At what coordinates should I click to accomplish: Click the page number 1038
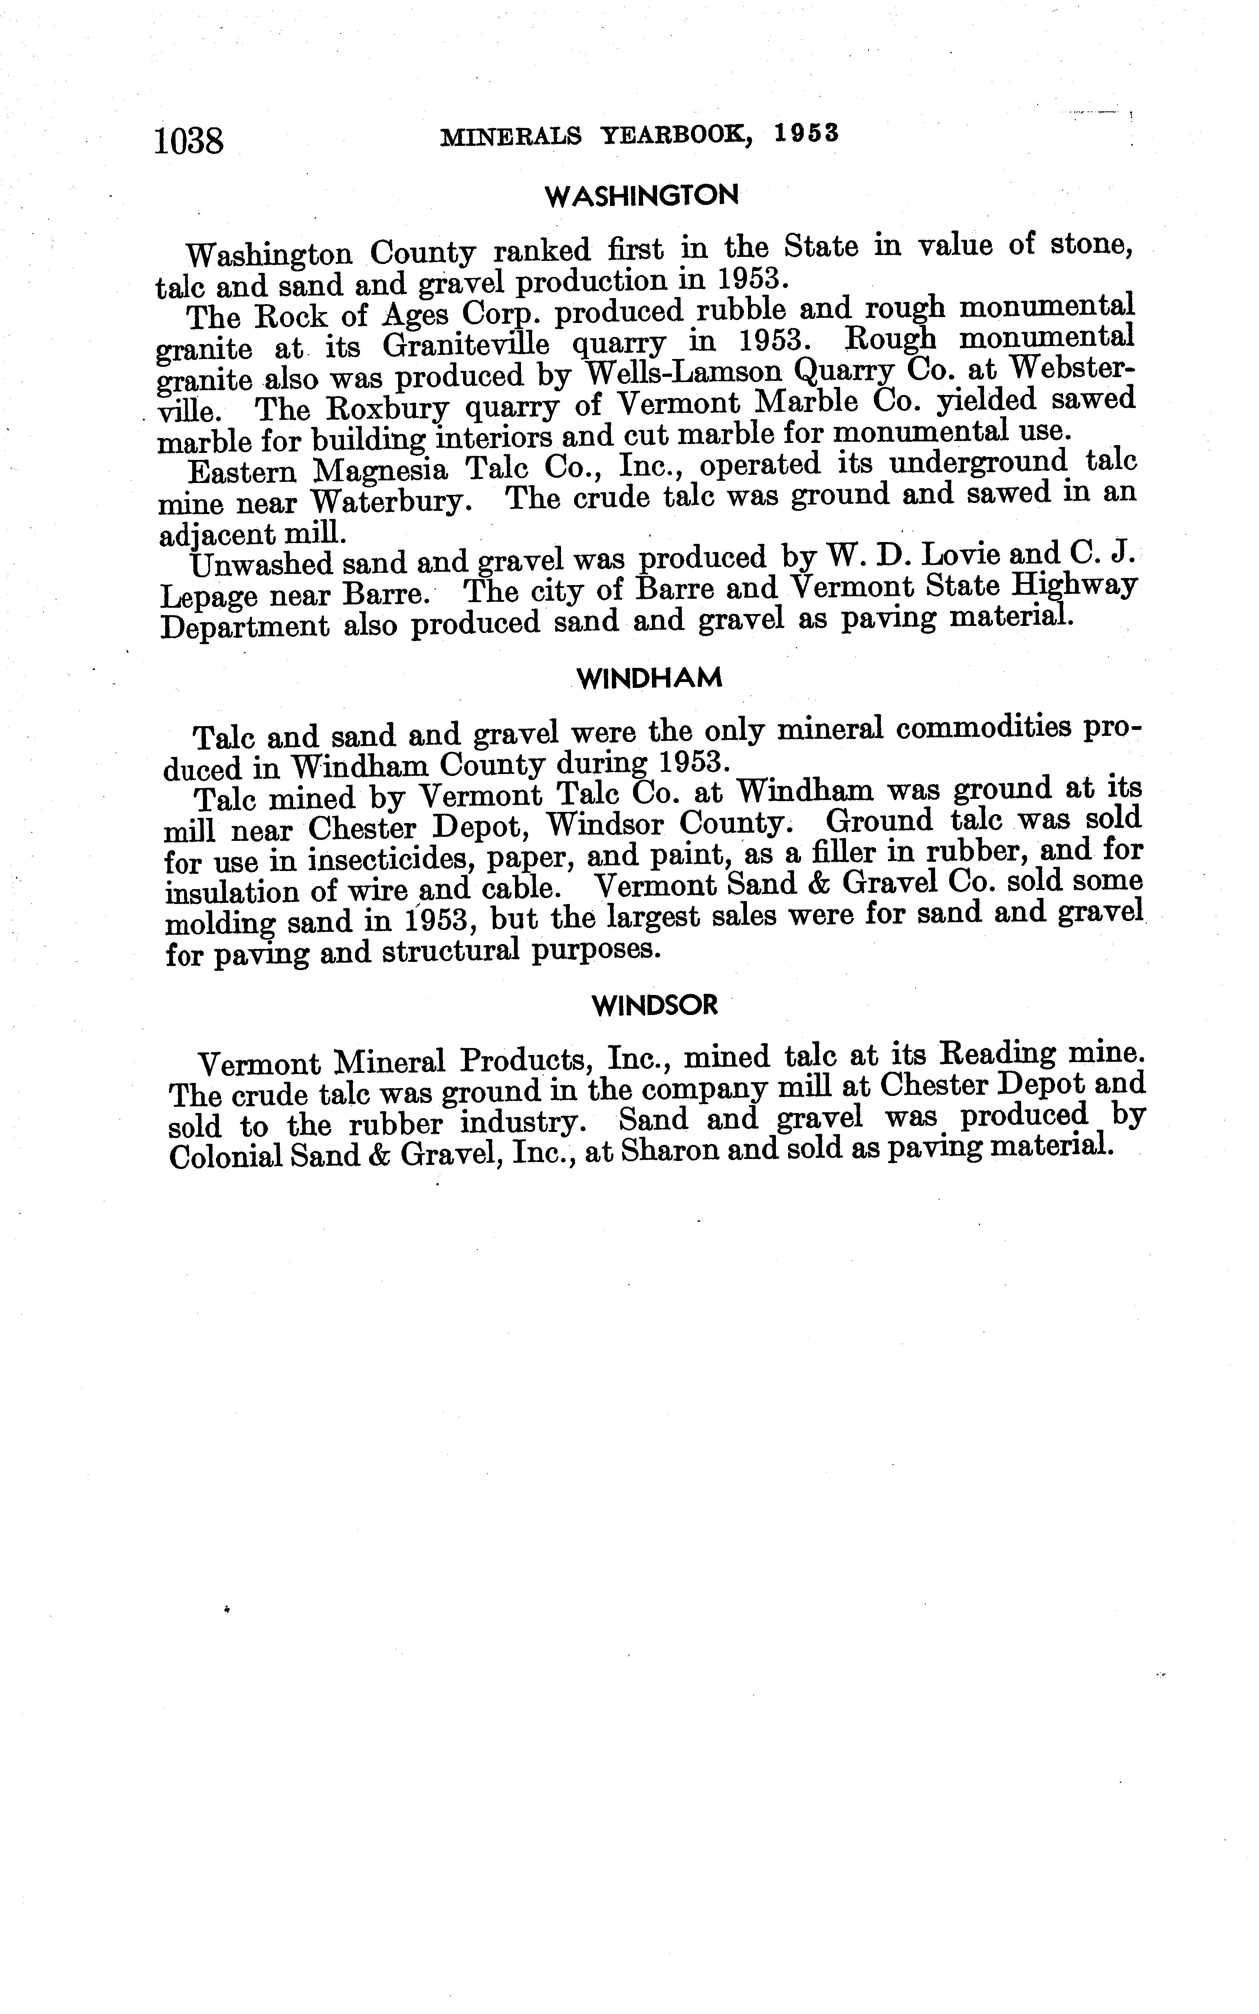point(189,140)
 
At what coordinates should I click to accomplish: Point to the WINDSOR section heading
point(655,1005)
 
